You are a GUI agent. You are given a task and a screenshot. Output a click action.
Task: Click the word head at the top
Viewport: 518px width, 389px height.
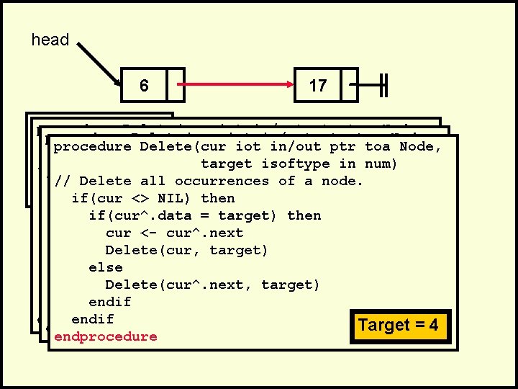point(50,40)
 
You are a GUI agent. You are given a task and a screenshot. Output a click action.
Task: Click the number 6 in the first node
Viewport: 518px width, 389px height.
point(144,86)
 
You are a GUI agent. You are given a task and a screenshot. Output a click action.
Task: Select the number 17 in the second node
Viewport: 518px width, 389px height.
point(317,86)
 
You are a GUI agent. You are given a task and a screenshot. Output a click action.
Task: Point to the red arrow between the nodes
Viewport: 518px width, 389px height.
point(237,86)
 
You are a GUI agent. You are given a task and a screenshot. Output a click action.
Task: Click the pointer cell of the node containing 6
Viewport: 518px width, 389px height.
point(176,86)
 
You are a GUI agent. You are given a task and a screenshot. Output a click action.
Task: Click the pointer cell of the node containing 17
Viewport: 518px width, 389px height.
point(349,86)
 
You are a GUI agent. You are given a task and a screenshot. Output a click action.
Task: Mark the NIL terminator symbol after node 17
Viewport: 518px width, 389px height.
point(383,86)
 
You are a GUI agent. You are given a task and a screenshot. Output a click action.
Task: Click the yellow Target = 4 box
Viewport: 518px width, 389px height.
point(398,325)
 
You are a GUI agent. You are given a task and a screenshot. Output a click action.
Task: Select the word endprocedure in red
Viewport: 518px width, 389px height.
point(105,336)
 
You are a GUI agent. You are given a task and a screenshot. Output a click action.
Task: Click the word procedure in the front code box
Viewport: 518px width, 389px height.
point(92,147)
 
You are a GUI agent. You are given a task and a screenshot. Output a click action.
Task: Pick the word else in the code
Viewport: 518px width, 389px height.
point(105,267)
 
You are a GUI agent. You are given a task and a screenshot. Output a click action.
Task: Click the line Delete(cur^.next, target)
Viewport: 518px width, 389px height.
point(212,285)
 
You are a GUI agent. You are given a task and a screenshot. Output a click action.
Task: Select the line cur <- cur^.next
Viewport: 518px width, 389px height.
point(174,233)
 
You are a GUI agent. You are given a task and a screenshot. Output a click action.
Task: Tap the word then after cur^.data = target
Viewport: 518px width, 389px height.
point(304,215)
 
